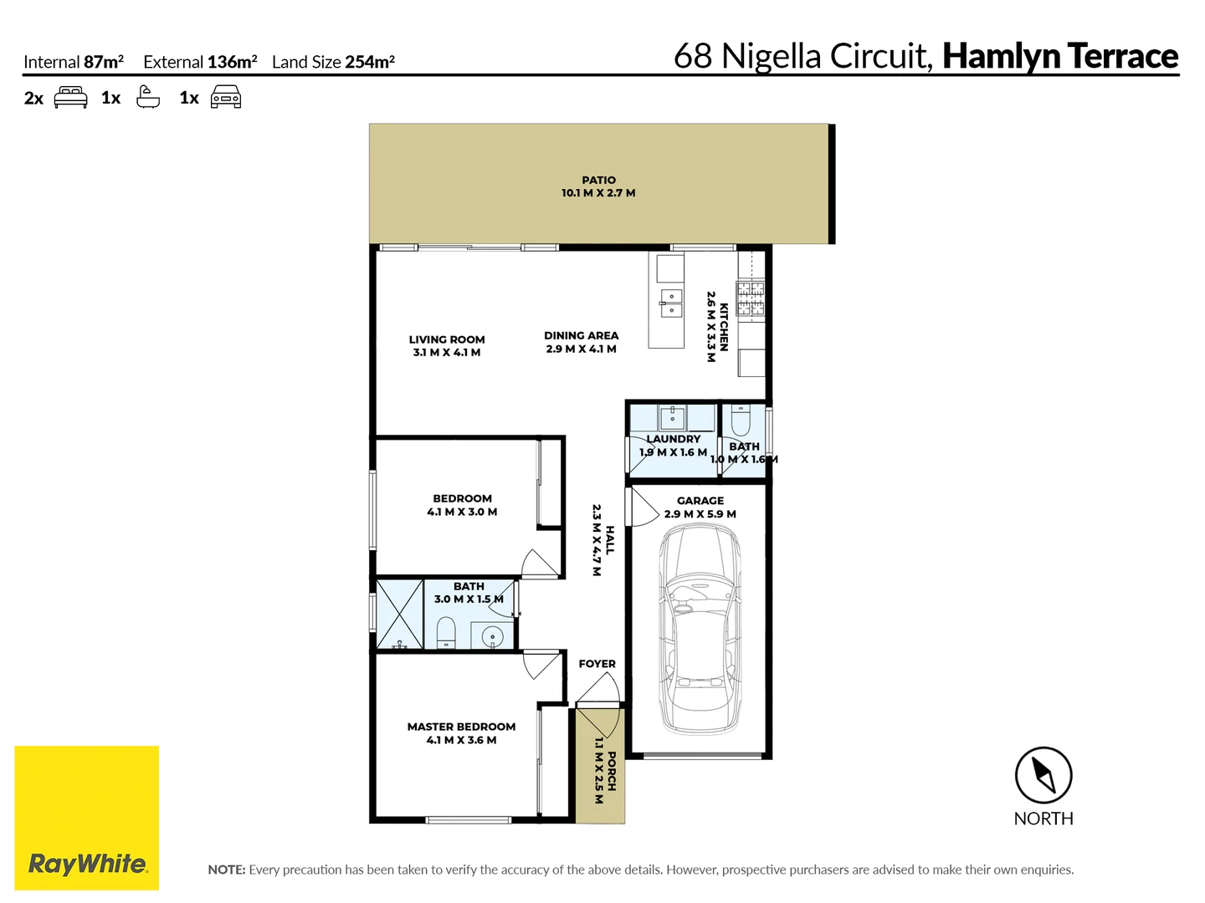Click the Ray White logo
tap(87, 818)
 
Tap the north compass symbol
tap(1043, 775)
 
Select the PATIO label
tap(598, 180)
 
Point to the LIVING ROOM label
tap(447, 339)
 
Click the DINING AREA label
tap(581, 335)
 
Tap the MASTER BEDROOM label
tap(461, 727)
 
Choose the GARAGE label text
tap(700, 501)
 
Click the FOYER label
tap(597, 664)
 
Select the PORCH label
tap(612, 771)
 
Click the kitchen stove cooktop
tap(750, 299)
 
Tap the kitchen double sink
tap(671, 303)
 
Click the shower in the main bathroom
tap(400, 614)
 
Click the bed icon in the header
tap(70, 98)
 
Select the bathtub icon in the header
tap(148, 97)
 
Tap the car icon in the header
tap(226, 98)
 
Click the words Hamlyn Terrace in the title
tap(1059, 56)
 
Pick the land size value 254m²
tap(370, 62)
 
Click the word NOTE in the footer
tap(226, 870)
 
